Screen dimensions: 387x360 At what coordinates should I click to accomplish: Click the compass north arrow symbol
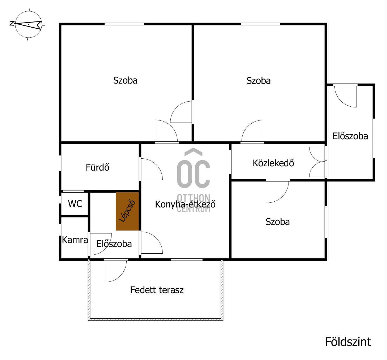point(28,25)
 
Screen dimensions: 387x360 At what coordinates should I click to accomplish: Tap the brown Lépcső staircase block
point(127,211)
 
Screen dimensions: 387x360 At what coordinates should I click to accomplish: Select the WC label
point(75,204)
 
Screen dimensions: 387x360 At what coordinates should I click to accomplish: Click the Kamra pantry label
point(75,240)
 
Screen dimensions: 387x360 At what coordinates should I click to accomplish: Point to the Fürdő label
point(97,167)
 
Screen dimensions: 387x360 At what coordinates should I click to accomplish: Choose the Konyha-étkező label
point(185,204)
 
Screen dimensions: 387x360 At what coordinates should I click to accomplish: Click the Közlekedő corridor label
point(273,163)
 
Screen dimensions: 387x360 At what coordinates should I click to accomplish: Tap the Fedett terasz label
point(157,290)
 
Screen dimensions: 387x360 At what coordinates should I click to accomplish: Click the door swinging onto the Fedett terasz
point(115,271)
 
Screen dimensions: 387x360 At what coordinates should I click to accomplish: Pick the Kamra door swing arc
point(100,244)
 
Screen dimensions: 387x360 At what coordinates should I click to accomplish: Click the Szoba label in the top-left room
point(125,80)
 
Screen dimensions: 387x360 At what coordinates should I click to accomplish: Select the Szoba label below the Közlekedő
point(277,222)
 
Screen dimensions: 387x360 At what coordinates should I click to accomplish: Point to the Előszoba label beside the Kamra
point(114,244)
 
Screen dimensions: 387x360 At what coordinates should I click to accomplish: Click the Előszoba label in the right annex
point(350,136)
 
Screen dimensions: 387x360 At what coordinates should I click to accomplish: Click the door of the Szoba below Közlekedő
point(278,191)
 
